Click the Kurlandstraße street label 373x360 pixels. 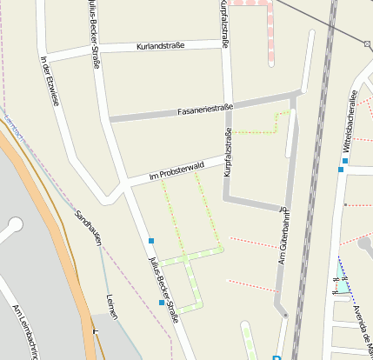[x=161, y=45]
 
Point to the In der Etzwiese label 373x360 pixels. [x=50, y=81]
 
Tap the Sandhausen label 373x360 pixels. [x=89, y=227]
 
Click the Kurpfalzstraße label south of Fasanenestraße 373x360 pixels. [x=228, y=153]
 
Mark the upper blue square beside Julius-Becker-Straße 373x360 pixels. [x=151, y=241]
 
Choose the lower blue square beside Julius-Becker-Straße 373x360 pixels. [x=162, y=303]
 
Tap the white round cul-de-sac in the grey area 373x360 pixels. [x=14, y=226]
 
